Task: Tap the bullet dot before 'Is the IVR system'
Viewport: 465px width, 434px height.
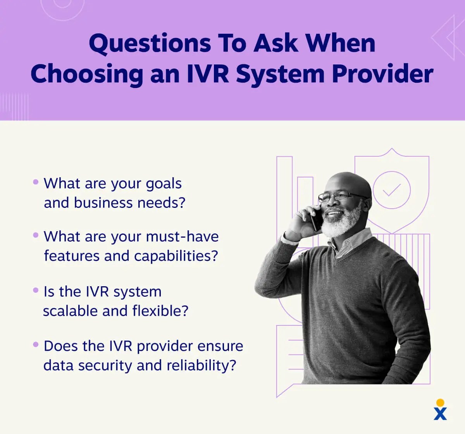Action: (x=36, y=290)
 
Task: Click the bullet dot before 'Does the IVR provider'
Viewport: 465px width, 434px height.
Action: (x=36, y=344)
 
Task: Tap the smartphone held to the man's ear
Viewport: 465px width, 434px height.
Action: (x=317, y=219)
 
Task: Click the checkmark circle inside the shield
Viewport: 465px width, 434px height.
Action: (x=391, y=190)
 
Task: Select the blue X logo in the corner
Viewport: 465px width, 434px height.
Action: (x=440, y=413)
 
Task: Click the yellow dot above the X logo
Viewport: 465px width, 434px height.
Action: (x=440, y=402)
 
